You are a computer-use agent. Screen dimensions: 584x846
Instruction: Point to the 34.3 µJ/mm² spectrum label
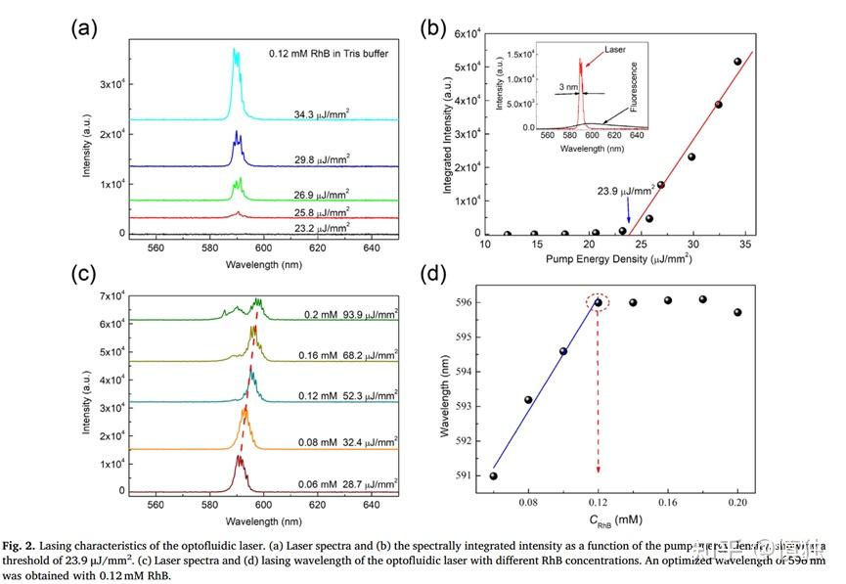(322, 113)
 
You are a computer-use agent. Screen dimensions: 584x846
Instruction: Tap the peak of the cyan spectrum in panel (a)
(235, 51)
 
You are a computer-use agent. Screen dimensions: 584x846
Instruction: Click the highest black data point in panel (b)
(737, 62)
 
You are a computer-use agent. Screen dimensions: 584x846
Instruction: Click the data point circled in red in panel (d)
(599, 302)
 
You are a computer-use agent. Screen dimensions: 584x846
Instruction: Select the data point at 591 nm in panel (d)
(494, 476)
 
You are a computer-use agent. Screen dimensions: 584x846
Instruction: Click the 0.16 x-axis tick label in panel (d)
(668, 502)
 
